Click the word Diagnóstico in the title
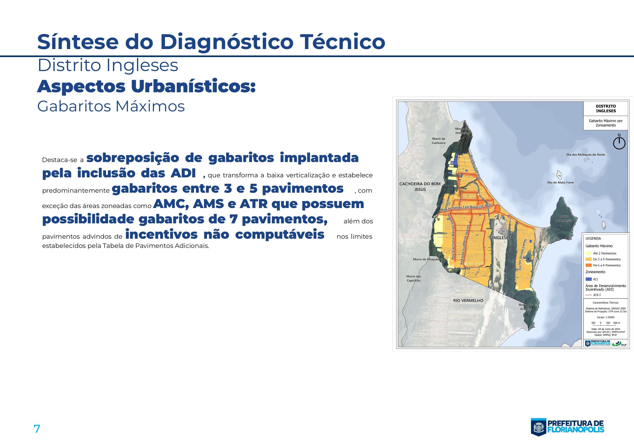(x=227, y=42)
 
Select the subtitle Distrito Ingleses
(x=108, y=65)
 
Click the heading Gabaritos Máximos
(x=111, y=106)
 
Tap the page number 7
(x=37, y=429)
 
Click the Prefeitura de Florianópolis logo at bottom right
(x=567, y=427)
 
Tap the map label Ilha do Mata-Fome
(x=560, y=182)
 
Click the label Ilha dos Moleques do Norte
(x=585, y=155)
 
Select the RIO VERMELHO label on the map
(x=468, y=301)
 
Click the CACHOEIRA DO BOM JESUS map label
(x=420, y=187)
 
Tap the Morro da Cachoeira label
(x=438, y=141)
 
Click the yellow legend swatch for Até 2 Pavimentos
(x=588, y=253)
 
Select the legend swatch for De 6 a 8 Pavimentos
(x=588, y=265)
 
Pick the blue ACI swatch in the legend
(x=588, y=279)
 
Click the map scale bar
(x=605, y=323)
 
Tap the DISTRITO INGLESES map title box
(x=606, y=108)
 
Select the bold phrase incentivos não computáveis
(x=224, y=235)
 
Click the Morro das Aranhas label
(x=526, y=307)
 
